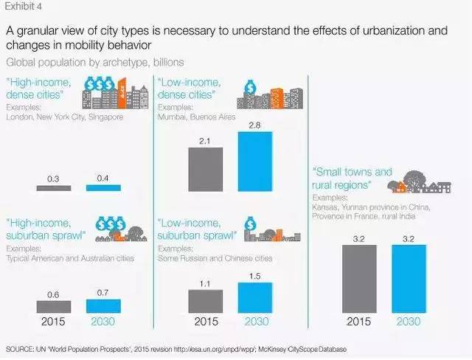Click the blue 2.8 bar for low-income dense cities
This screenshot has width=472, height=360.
(x=255, y=162)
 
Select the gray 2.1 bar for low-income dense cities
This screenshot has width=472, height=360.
(x=206, y=169)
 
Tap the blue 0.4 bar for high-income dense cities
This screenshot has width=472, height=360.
(x=103, y=188)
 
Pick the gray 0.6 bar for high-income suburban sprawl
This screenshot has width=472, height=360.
(x=53, y=306)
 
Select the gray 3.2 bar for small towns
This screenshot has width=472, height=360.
(x=359, y=277)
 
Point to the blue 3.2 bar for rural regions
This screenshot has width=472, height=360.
(x=409, y=277)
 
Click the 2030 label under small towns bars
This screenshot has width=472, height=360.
(x=409, y=322)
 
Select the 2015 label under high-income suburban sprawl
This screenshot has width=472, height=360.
(x=53, y=322)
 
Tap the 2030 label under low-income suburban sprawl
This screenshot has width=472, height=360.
(x=255, y=322)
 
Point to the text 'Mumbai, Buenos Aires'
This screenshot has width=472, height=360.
(x=190, y=116)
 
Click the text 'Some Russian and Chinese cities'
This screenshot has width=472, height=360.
(x=208, y=259)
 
